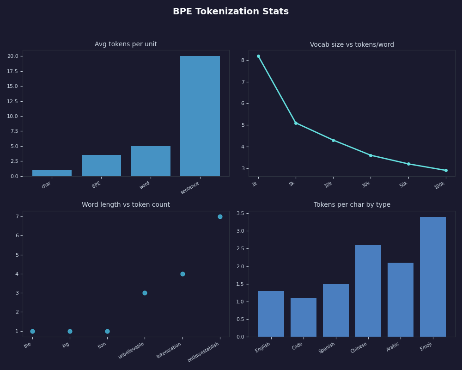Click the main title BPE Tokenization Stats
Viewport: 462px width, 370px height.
[x=231, y=12]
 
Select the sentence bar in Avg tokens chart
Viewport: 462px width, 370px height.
[x=200, y=116]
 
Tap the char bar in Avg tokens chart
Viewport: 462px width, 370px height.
[x=52, y=173]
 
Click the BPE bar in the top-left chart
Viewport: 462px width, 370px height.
[x=101, y=166]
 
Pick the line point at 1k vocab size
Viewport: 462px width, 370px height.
[x=258, y=56]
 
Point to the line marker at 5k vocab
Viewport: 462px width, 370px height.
[x=296, y=123]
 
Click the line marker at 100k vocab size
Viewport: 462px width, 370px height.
[x=446, y=170]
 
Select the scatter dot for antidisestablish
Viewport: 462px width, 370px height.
[x=220, y=216]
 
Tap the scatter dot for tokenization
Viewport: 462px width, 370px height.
[x=182, y=274]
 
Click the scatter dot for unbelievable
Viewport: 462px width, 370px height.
[x=145, y=293]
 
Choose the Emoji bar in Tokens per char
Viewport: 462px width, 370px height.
[x=432, y=277]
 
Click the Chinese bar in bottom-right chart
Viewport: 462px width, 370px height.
[x=368, y=291]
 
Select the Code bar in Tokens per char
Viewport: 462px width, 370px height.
[x=303, y=317]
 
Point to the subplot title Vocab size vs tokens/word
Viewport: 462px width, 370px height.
[x=352, y=45]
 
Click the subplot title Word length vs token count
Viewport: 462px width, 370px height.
[x=126, y=205]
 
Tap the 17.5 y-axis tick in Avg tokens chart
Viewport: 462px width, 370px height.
[x=12, y=71]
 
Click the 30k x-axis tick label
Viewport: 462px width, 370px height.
[x=366, y=185]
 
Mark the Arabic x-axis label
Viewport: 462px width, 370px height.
[x=393, y=347]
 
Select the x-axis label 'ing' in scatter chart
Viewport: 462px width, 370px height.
[x=66, y=345]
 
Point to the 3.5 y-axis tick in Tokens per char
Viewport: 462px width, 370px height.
[x=240, y=213]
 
